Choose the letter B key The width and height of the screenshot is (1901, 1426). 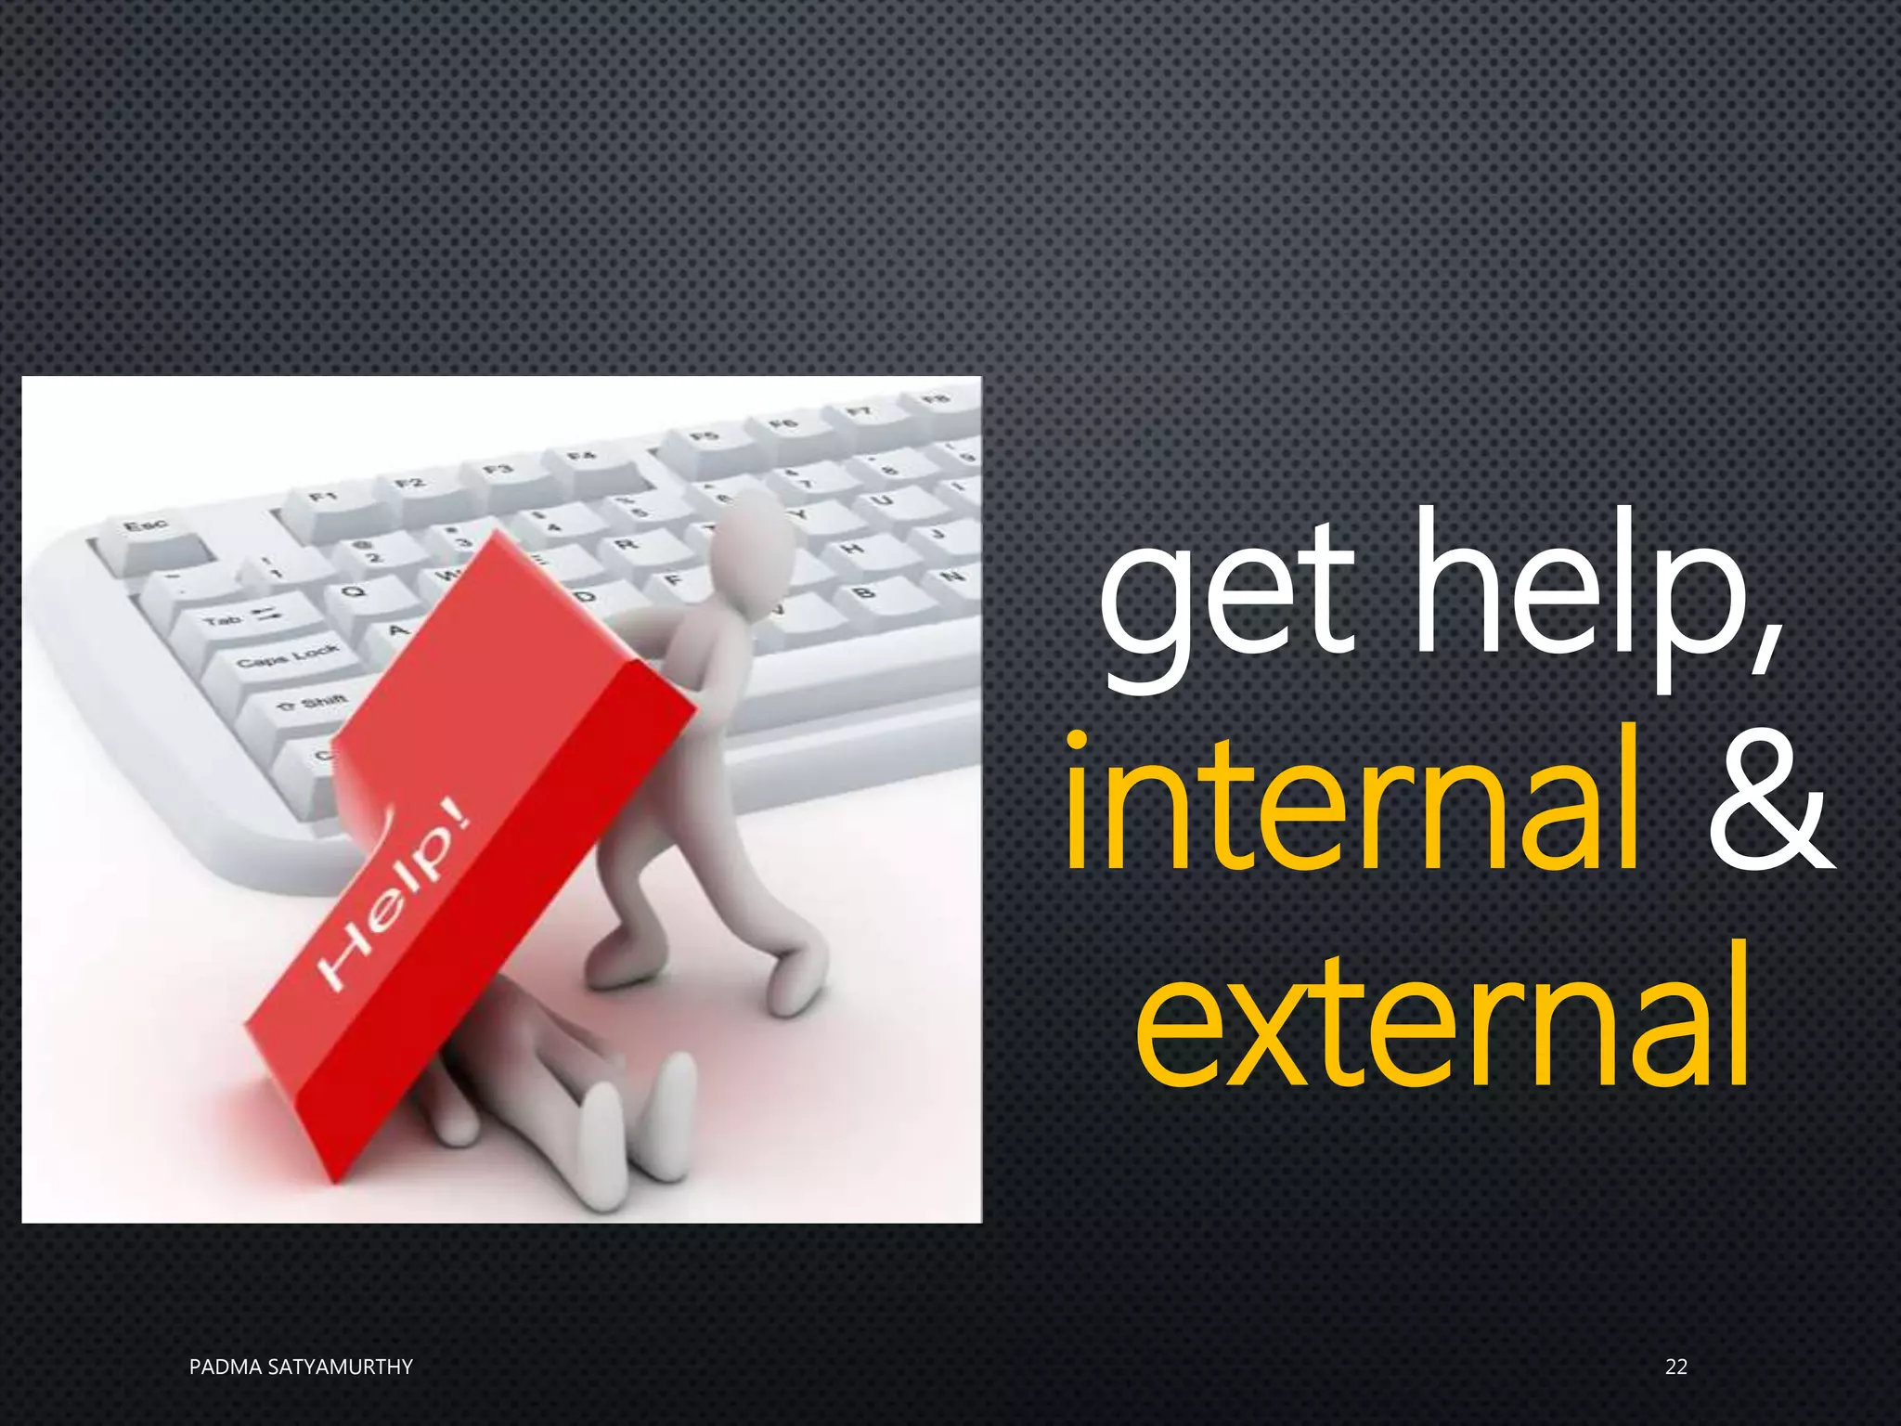[x=863, y=592]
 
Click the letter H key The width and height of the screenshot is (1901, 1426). [x=851, y=550]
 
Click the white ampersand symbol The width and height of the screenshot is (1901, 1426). [x=1769, y=804]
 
